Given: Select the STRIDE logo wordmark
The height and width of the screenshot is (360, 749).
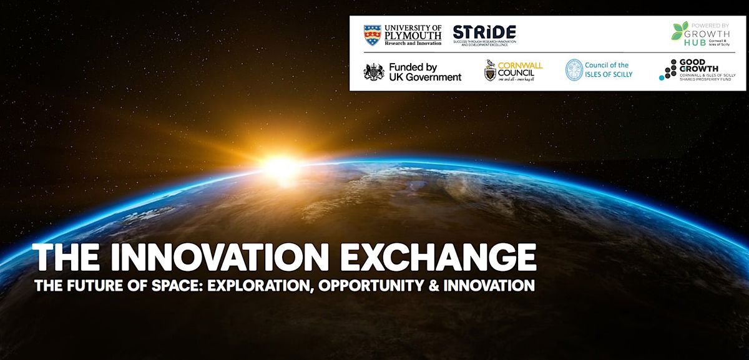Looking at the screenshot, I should (484, 33).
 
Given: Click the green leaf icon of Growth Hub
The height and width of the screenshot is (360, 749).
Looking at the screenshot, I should (680, 31).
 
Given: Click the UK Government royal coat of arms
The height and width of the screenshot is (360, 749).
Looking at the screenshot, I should (374, 72).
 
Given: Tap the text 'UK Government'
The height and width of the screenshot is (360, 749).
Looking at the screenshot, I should (424, 77).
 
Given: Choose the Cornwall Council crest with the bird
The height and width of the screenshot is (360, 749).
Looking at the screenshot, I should (491, 72).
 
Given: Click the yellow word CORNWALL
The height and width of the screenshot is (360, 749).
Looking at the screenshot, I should (521, 65).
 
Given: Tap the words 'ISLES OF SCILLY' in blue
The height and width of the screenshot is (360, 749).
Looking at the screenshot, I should (609, 74).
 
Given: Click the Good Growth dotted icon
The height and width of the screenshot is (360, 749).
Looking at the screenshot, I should (668, 70).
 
